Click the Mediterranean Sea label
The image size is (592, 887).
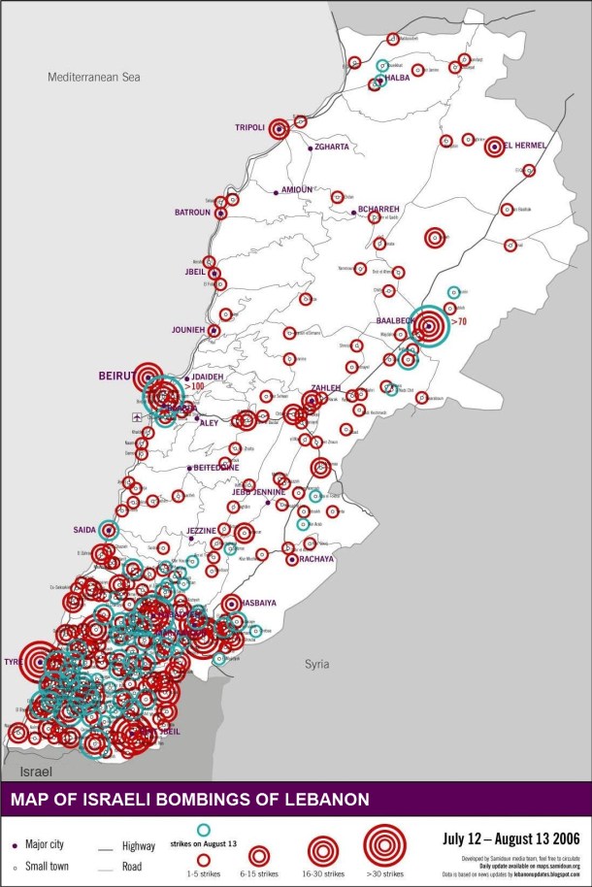[94, 76]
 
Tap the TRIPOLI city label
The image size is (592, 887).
[249, 127]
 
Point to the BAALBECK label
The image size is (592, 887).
[395, 320]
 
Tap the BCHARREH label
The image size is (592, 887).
[378, 209]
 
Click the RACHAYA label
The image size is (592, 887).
[317, 559]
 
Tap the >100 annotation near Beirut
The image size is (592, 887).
[194, 387]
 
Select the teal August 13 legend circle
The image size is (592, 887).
[203, 832]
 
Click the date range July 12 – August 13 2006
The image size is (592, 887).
[510, 837]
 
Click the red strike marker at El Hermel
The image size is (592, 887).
[494, 147]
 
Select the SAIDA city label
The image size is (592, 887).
[84, 530]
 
